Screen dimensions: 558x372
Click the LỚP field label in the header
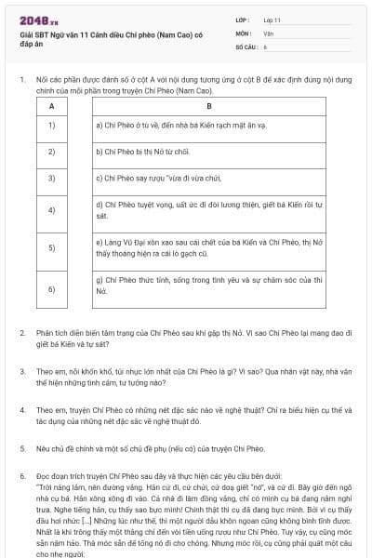[x=243, y=19]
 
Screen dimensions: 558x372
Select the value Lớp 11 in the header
[x=272, y=19]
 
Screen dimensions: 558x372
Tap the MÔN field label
[x=243, y=32]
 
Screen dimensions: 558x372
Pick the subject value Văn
[x=268, y=32]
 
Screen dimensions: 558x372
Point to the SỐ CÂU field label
[x=246, y=45]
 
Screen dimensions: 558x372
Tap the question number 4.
[x=22, y=409]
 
